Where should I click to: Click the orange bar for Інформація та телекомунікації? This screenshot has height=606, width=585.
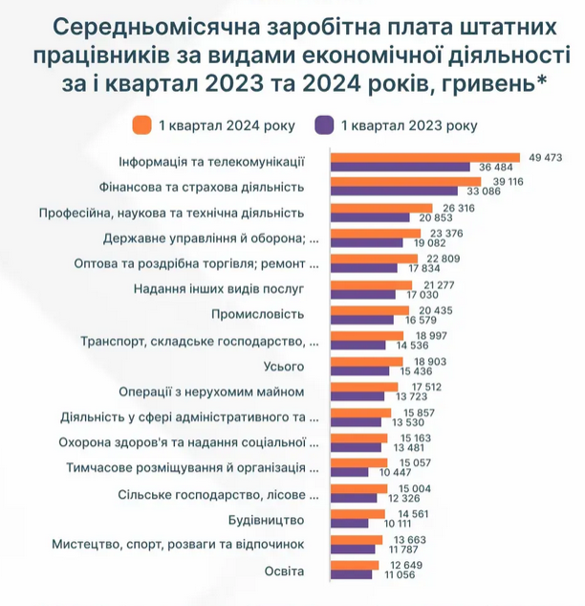tap(424, 157)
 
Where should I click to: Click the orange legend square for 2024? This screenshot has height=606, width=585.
tap(142, 125)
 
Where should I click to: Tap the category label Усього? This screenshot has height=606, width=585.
tap(284, 366)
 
